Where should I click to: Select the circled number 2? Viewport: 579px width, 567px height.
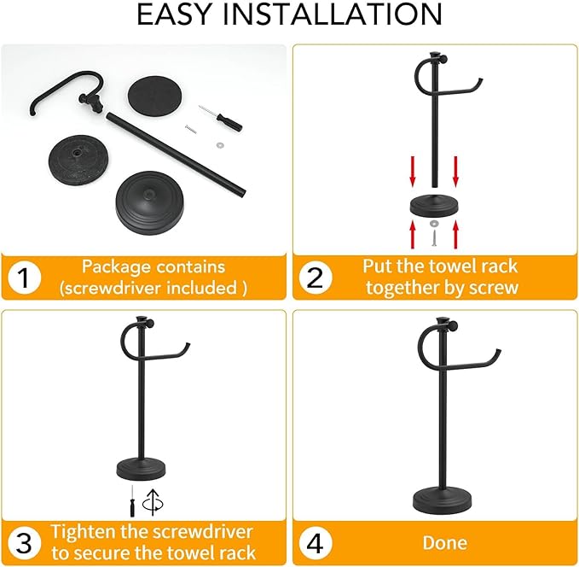316,278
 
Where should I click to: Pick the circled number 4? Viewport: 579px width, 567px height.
316,542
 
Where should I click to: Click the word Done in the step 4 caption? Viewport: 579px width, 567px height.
444,542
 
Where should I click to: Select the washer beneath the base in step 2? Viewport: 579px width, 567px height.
434,220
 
